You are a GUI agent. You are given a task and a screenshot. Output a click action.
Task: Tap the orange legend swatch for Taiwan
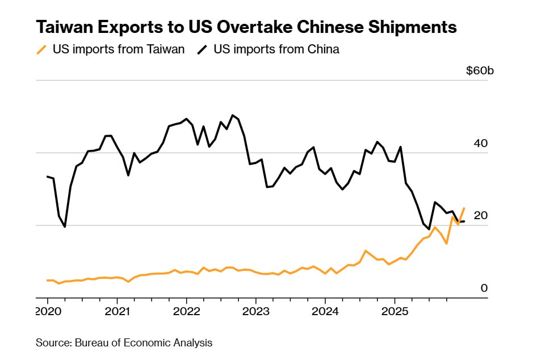click(41, 50)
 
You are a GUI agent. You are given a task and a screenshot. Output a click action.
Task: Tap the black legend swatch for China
click(202, 50)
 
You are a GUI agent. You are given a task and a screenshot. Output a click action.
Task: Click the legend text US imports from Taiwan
click(119, 49)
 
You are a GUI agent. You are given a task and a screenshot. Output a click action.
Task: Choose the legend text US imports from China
click(276, 49)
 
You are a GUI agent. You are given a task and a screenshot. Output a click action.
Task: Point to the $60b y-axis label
click(480, 71)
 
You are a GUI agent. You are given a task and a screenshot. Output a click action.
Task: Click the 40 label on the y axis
click(480, 144)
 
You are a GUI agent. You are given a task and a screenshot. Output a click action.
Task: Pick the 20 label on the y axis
click(480, 216)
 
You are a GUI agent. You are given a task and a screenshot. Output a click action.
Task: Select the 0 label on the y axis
click(484, 288)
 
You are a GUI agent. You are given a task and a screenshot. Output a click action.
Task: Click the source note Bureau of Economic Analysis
click(124, 342)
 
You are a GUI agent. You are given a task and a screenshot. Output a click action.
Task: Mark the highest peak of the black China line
click(233, 115)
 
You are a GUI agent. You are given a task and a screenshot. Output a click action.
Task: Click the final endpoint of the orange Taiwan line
click(464, 208)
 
